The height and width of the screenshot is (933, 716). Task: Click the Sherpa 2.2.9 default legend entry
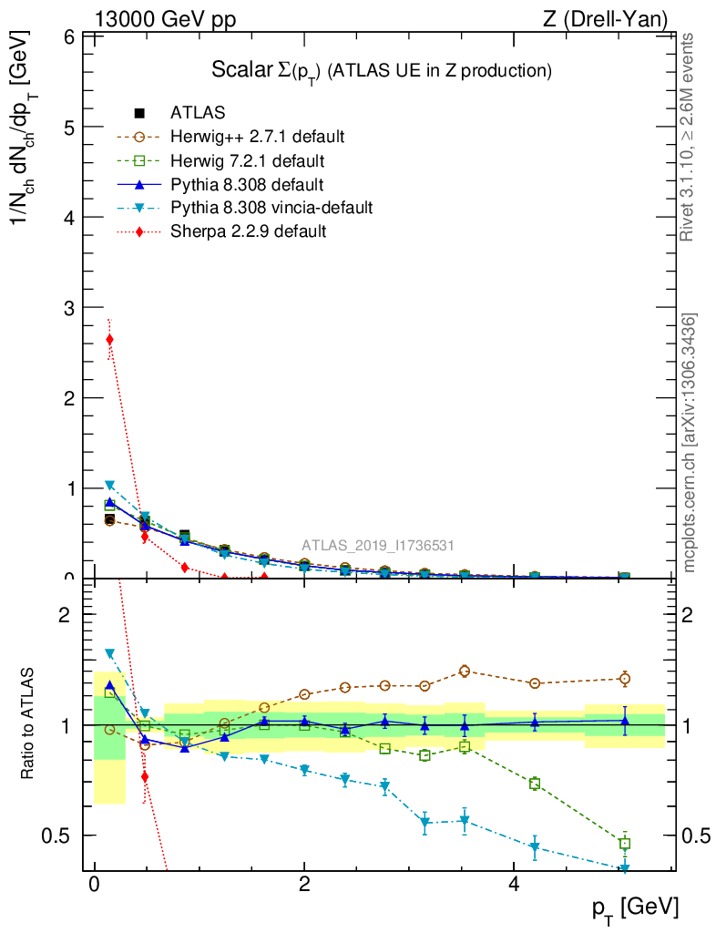click(x=248, y=231)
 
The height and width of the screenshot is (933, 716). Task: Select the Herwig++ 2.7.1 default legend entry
click(x=257, y=137)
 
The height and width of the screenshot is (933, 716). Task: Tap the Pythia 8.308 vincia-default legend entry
click(x=271, y=208)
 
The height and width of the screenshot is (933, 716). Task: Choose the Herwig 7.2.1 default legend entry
click(x=247, y=160)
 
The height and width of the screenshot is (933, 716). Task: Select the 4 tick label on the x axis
click(x=514, y=885)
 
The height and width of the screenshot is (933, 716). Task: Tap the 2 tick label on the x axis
click(x=304, y=885)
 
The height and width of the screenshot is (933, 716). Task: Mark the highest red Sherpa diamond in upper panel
click(x=109, y=340)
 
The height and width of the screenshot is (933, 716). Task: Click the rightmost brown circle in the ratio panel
click(x=625, y=678)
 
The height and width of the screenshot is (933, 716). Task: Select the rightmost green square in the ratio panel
click(x=625, y=844)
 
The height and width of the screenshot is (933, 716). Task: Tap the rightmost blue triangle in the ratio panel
click(x=625, y=721)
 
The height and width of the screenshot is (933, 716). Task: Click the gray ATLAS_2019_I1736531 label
click(x=378, y=546)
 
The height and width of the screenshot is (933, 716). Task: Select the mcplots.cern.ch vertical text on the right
click(x=690, y=444)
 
